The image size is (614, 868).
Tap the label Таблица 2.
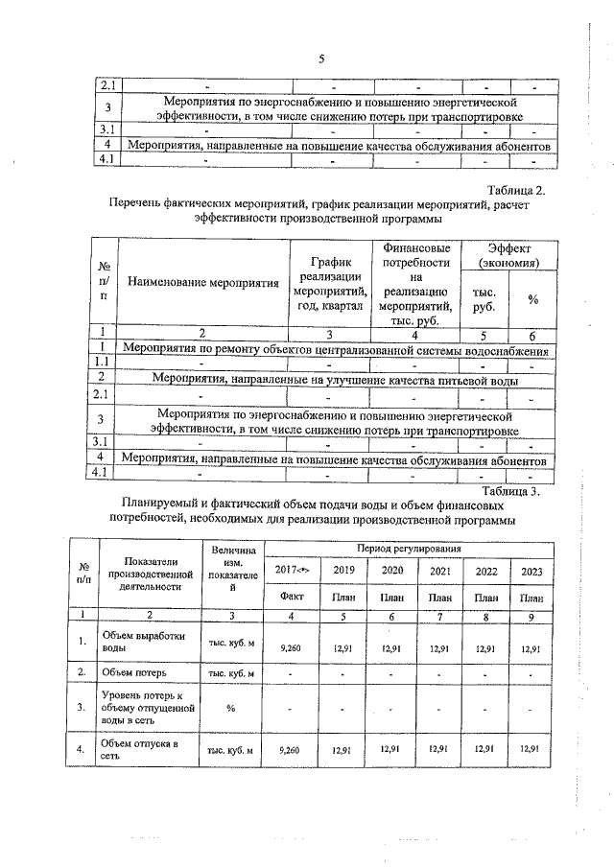pos(518,191)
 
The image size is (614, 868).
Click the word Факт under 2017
pos(290,598)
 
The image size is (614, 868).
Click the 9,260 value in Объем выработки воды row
pos(290,648)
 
